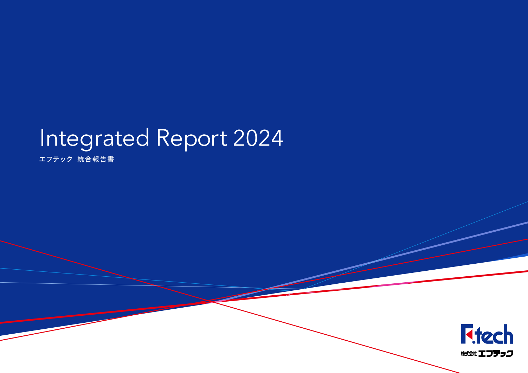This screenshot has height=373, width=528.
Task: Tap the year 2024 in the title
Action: tap(258, 138)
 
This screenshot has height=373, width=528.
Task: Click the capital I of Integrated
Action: tap(42, 138)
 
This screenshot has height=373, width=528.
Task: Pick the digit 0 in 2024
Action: tap(251, 138)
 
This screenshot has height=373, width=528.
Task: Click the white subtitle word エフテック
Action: tap(56, 159)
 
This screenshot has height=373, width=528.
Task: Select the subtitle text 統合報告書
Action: tap(96, 159)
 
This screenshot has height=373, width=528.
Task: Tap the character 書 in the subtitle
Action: tap(111, 159)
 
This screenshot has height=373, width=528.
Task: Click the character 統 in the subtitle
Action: tap(81, 159)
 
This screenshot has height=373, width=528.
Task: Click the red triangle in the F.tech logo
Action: tap(469, 334)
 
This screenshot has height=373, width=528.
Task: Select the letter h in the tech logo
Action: tap(508, 334)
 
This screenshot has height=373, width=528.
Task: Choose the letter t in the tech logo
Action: tap(478, 335)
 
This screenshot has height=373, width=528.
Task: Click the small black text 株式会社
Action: tap(469, 354)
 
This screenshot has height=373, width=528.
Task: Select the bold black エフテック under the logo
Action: tap(495, 354)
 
